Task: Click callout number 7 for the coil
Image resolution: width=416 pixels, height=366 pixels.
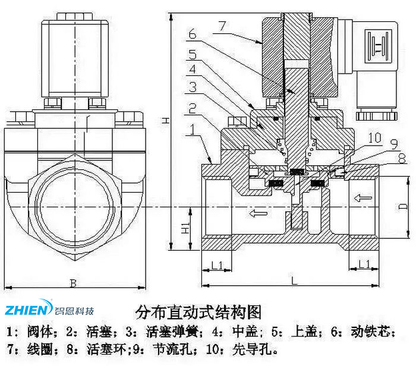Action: (222, 25)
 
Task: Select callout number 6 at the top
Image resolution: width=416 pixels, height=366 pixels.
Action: (191, 35)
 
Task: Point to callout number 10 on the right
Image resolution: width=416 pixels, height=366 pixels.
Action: (373, 138)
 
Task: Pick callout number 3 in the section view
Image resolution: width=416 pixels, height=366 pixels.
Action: (192, 88)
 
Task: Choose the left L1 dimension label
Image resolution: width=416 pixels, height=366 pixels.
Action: (218, 264)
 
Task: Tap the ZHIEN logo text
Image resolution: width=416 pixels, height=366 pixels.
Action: (29, 310)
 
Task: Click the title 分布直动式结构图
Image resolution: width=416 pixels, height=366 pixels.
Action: (198, 311)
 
